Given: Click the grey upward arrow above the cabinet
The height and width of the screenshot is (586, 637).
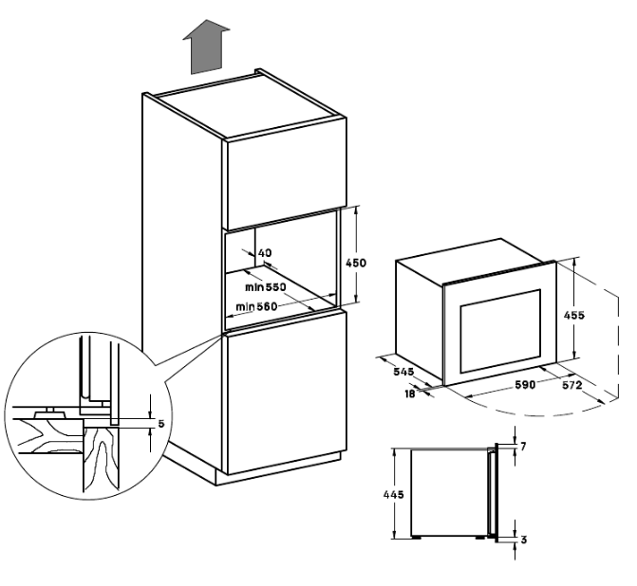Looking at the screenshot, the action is (x=206, y=47).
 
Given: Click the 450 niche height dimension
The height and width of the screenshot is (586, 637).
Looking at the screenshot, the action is (x=355, y=263).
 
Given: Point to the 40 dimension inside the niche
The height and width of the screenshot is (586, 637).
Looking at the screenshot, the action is (x=265, y=253).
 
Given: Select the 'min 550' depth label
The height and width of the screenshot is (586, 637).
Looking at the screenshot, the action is (x=265, y=287).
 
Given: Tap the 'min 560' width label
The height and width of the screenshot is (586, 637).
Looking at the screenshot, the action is (x=256, y=306).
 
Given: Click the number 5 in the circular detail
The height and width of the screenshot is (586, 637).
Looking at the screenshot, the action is (x=161, y=424).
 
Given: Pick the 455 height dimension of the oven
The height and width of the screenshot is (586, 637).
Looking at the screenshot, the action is (x=574, y=315).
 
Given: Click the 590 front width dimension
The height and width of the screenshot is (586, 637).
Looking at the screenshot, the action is (x=525, y=384).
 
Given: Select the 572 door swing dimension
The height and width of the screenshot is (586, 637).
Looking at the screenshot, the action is (x=572, y=385).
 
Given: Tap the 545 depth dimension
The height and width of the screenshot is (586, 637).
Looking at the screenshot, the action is (x=403, y=372).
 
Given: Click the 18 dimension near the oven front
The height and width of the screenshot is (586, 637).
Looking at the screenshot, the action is (x=410, y=394).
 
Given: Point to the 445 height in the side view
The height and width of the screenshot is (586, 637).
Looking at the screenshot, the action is (x=394, y=494).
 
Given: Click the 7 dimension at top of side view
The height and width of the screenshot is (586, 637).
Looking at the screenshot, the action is (x=523, y=447).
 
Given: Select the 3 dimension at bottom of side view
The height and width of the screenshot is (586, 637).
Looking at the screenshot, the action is (x=524, y=540).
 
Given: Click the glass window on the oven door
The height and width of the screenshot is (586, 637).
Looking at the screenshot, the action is (x=500, y=331).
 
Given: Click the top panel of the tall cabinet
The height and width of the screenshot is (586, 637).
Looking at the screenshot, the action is (x=245, y=104).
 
